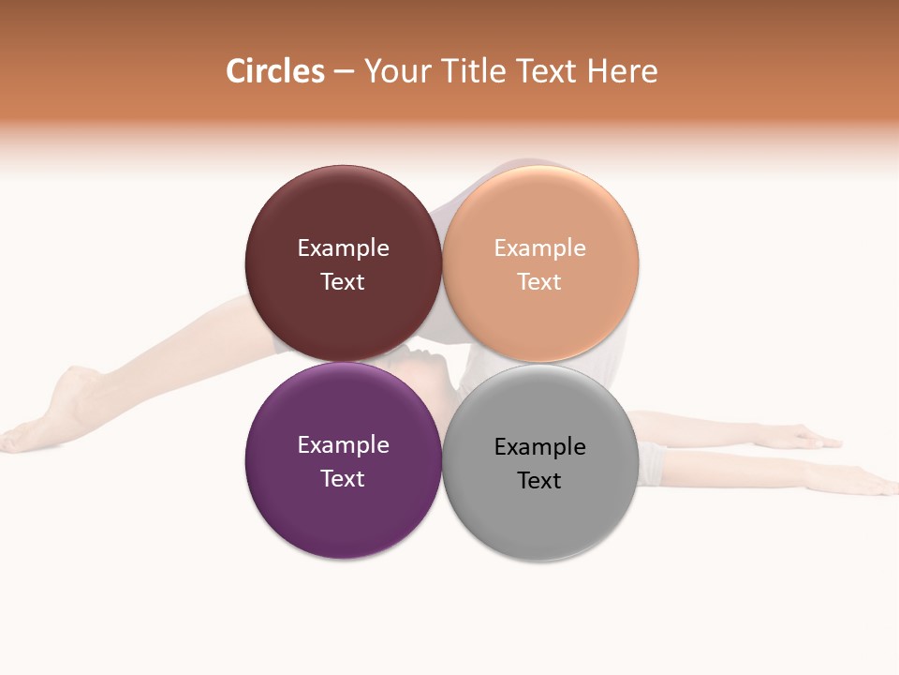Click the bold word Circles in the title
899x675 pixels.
click(x=275, y=71)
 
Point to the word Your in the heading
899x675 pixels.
click(x=396, y=71)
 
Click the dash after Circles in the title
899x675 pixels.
click(x=344, y=72)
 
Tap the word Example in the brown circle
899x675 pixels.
click(x=343, y=248)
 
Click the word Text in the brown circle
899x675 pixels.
click(x=343, y=281)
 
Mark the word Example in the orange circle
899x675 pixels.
click(x=540, y=248)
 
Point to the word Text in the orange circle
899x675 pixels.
click(x=539, y=281)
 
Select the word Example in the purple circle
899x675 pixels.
click(x=343, y=445)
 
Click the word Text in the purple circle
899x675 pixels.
click(x=343, y=478)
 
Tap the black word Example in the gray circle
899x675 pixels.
click(x=540, y=447)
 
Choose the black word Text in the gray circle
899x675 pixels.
click(x=539, y=480)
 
